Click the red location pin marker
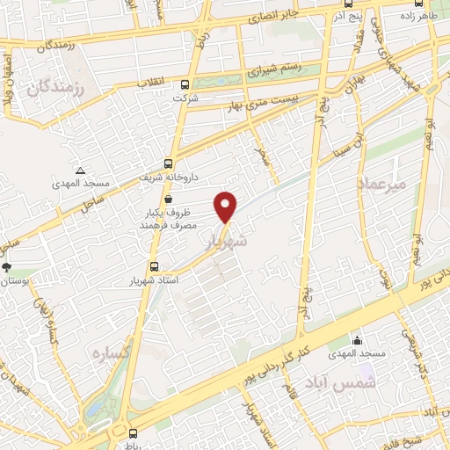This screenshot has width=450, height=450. coord(227,205)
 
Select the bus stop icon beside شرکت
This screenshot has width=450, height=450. coord(185,85)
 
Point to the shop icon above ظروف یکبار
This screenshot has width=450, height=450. coord(168,198)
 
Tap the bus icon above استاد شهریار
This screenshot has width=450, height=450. coord(155,266)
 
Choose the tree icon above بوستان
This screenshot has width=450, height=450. coord(7,266)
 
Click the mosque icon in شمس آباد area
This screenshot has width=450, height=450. coord(356,340)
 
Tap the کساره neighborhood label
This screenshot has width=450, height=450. coord(111,352)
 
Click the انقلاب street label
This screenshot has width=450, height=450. coord(151,83)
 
